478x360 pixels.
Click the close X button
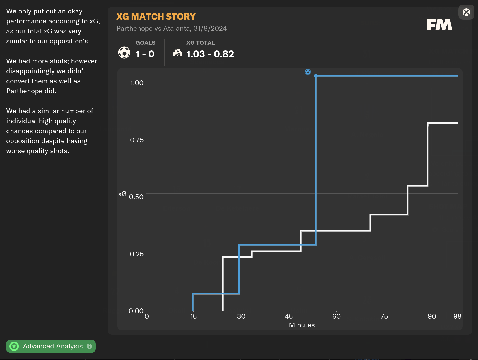(466, 12)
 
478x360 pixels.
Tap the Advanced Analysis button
(51, 346)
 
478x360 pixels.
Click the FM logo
(439, 25)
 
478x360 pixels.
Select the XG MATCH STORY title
(156, 16)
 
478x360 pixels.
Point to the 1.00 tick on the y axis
(137, 83)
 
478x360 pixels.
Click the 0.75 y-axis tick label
(137, 140)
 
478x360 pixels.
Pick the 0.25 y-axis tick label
(137, 254)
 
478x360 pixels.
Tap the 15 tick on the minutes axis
(193, 316)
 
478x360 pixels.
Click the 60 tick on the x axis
(336, 316)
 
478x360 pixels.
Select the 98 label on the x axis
(457, 316)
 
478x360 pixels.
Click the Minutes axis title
(302, 325)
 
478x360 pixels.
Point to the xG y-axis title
(122, 194)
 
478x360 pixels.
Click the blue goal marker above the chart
(308, 72)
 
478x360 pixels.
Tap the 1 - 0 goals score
(145, 54)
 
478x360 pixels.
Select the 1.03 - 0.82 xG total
(210, 54)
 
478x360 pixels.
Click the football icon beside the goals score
(124, 52)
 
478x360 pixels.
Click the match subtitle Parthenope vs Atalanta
(171, 28)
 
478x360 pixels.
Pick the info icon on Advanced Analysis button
(89, 346)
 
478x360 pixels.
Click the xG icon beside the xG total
(177, 53)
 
